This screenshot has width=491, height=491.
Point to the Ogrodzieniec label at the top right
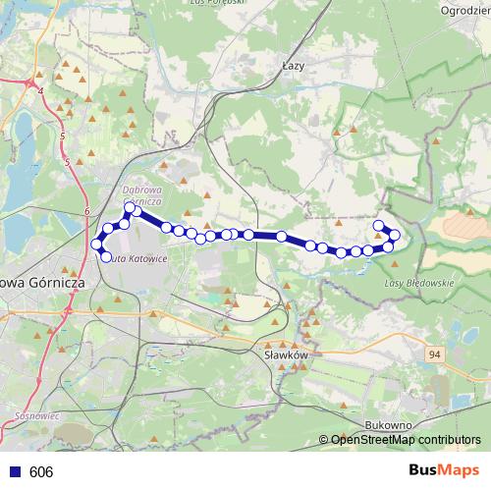465,11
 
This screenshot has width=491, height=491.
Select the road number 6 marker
87,211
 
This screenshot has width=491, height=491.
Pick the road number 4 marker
42,90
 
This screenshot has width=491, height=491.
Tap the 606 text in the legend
41,471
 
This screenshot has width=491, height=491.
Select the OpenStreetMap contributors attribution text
406,440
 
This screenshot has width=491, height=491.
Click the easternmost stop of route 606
395,236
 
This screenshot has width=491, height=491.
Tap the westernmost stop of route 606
96,244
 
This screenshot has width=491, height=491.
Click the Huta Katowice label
136,258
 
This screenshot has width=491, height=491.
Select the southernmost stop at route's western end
106,257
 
